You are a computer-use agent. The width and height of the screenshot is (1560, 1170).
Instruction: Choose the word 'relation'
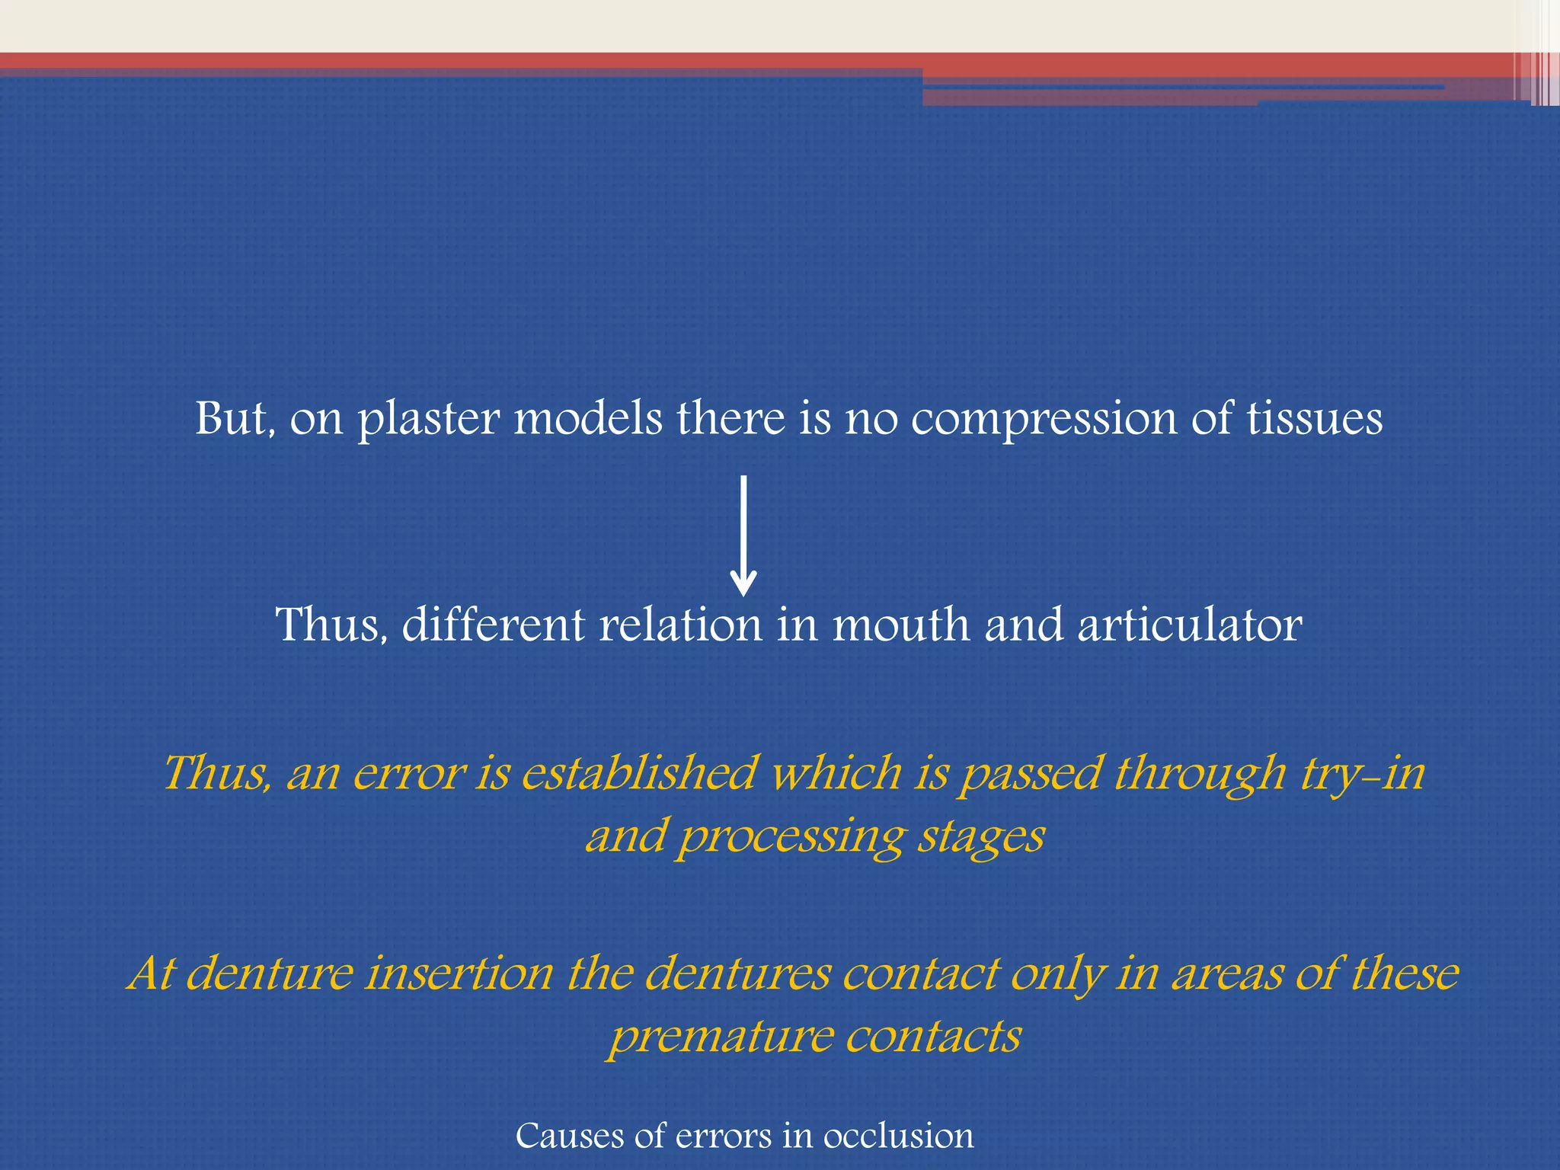pyautogui.click(x=680, y=625)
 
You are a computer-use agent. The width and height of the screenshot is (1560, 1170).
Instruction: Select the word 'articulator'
pyautogui.click(x=1190, y=625)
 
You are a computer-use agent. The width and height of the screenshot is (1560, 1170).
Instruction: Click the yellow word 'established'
pyautogui.click(x=639, y=773)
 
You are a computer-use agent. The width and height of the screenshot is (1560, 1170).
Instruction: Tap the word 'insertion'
pyautogui.click(x=459, y=973)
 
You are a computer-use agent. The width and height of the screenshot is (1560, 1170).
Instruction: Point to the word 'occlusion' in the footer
pyautogui.click(x=898, y=1136)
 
